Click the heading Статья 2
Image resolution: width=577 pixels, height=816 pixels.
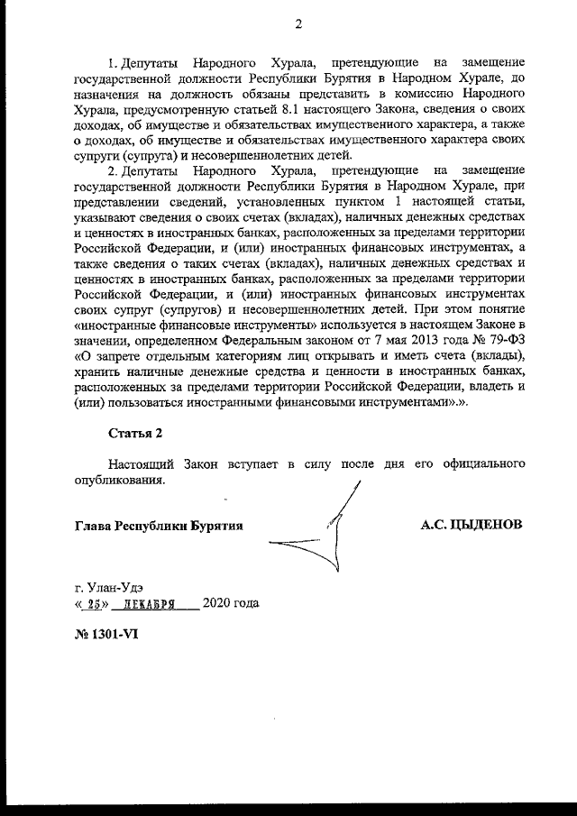coord(135,432)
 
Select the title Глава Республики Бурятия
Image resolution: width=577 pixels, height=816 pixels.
coord(159,524)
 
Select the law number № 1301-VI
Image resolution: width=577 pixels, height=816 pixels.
coord(106,633)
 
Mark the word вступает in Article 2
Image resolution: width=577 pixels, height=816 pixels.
coord(242,463)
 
